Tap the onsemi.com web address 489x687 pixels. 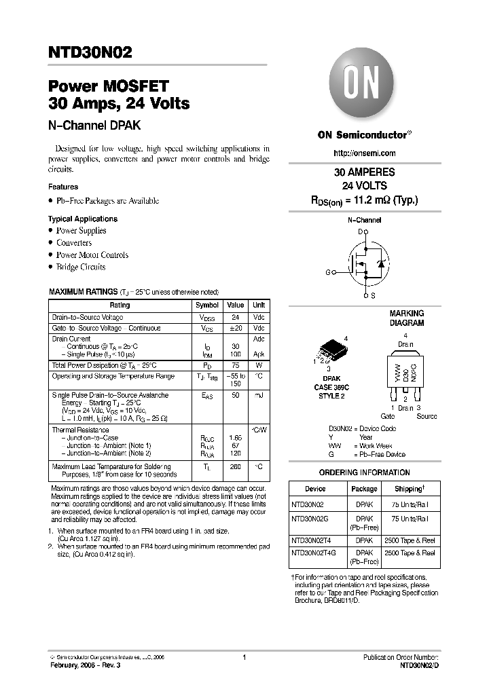pos(364,154)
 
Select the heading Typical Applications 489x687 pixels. pos(83,219)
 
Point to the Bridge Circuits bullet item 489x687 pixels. pos(81,267)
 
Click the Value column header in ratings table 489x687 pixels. pos(235,305)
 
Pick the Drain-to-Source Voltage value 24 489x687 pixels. pos(235,317)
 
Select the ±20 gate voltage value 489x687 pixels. pos(235,329)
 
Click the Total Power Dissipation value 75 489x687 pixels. pos(235,365)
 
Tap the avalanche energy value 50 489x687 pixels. pos(235,394)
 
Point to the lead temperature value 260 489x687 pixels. pos(235,466)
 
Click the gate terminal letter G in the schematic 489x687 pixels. pos(328,272)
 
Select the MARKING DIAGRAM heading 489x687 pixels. pos(406,318)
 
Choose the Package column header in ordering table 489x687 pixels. pos(364,489)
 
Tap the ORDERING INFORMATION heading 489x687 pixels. pos(364,472)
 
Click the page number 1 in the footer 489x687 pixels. pos(244,657)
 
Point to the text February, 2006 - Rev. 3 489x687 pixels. pos(86,667)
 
